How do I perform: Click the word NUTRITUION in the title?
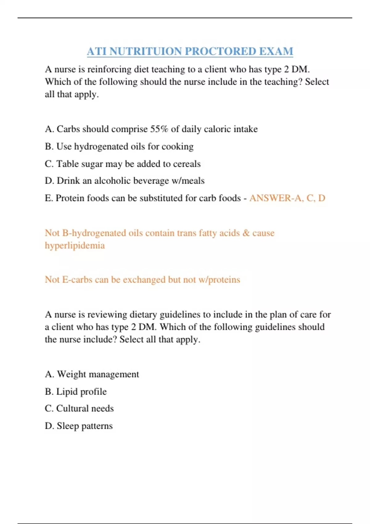click(x=145, y=51)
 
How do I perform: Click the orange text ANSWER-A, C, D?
click(x=287, y=198)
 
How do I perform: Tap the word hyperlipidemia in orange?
click(x=75, y=246)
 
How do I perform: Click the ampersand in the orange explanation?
click(x=246, y=233)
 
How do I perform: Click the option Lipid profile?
click(x=81, y=391)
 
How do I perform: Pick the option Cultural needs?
click(x=85, y=408)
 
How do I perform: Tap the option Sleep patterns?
click(x=84, y=426)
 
